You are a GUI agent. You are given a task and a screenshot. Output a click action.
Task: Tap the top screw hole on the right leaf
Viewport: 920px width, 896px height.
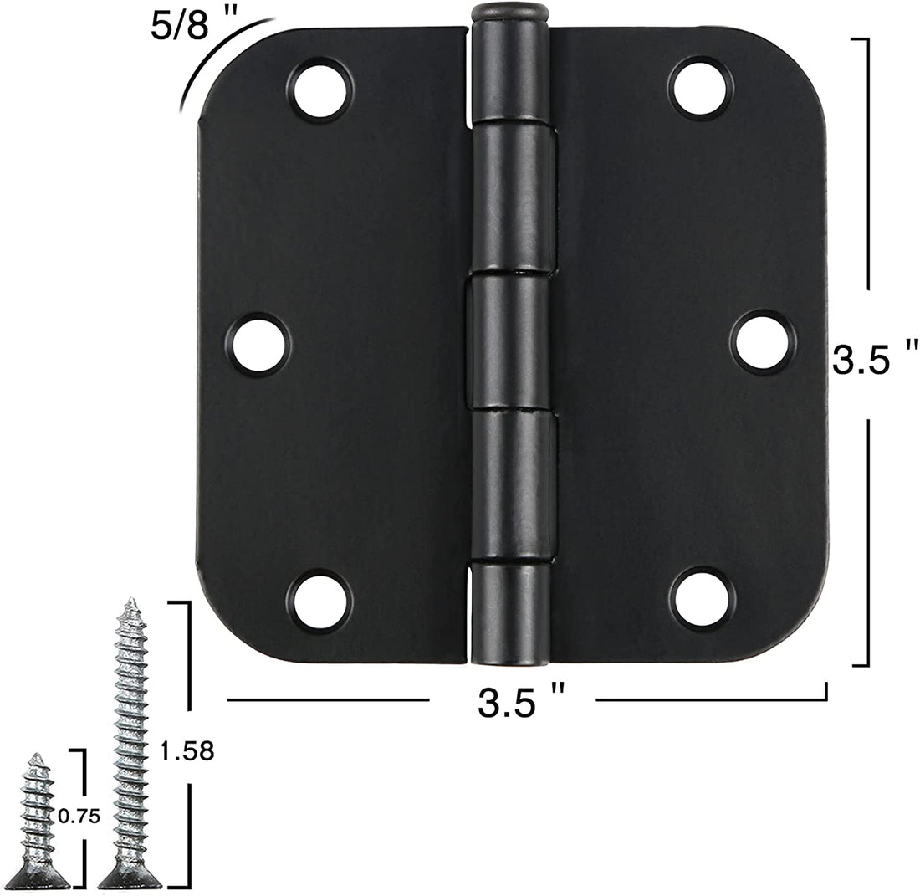701,88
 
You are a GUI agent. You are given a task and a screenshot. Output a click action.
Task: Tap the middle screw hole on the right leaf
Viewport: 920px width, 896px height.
761,342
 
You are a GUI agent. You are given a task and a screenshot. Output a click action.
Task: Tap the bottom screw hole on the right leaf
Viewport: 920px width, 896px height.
702,599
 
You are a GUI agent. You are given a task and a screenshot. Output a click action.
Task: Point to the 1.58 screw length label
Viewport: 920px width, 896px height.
187,752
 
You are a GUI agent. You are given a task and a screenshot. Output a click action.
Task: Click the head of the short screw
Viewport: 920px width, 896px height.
37,877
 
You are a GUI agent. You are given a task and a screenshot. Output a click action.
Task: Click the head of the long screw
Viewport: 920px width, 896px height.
130,876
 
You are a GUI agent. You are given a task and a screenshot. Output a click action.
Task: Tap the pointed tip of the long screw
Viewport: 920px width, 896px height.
130,602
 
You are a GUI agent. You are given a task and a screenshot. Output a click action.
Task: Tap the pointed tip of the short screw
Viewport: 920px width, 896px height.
36,757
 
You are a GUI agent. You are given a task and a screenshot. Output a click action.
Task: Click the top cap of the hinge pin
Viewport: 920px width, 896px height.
510,13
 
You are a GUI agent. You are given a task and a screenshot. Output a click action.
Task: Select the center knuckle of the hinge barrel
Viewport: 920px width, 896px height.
510,343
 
